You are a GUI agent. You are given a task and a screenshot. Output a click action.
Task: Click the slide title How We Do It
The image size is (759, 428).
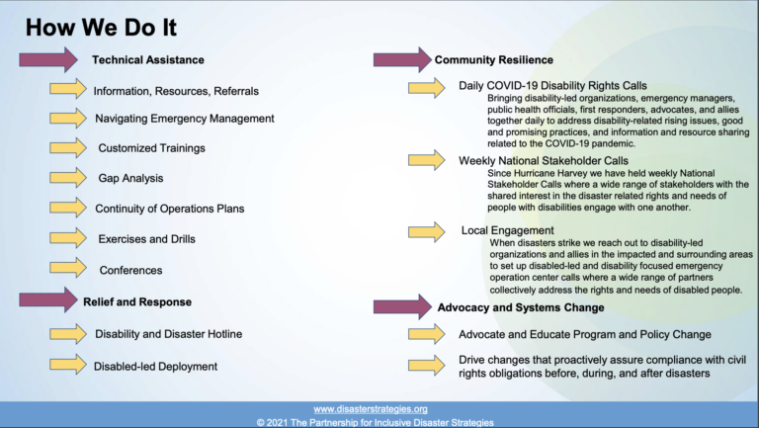click(x=101, y=28)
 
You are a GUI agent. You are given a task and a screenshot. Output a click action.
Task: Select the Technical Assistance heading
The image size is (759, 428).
click(x=148, y=60)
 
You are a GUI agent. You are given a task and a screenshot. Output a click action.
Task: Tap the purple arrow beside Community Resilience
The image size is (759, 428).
click(x=402, y=60)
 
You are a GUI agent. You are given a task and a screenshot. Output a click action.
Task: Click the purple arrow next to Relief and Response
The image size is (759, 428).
click(x=48, y=300)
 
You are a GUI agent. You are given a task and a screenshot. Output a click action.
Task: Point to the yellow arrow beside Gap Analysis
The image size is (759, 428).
click(x=68, y=178)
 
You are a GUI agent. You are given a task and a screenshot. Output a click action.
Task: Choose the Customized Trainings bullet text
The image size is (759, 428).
click(x=151, y=148)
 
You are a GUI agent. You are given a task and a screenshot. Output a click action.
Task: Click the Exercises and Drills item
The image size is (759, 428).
click(x=146, y=239)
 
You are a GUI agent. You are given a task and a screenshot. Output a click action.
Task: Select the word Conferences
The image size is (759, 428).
click(x=130, y=270)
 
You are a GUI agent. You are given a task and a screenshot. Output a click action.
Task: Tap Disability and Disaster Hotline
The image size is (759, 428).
click(x=168, y=334)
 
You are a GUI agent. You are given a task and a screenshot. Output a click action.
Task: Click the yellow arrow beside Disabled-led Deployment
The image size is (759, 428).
click(x=68, y=365)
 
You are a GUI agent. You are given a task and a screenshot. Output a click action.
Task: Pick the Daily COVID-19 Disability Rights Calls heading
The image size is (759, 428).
click(x=552, y=86)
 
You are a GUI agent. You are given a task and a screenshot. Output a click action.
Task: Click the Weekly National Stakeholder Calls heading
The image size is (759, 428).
click(x=544, y=161)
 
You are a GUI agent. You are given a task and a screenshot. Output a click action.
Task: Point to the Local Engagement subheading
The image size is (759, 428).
click(x=507, y=230)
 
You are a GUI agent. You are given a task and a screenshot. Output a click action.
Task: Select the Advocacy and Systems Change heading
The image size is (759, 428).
click(x=521, y=308)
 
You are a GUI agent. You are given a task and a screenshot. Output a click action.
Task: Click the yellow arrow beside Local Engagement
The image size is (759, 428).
click(x=427, y=232)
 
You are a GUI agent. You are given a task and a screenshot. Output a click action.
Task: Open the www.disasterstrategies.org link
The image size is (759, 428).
click(x=371, y=409)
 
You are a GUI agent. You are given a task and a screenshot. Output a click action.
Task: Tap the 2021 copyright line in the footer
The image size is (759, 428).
click(x=376, y=423)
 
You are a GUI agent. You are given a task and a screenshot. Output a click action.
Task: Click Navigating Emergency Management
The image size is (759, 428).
click(x=185, y=119)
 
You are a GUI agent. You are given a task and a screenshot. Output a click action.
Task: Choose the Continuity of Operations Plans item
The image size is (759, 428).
click(x=169, y=209)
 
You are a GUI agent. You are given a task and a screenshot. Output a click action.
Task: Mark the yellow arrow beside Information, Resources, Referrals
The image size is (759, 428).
click(x=68, y=89)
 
